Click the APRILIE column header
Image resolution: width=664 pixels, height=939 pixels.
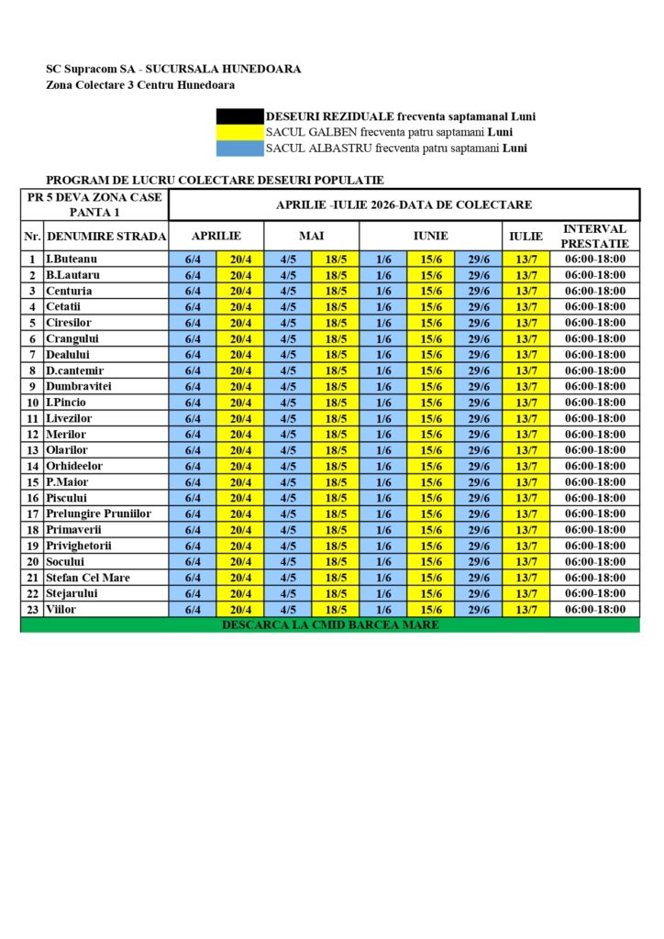[x=216, y=237]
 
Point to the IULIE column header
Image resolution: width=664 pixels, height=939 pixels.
[x=526, y=237]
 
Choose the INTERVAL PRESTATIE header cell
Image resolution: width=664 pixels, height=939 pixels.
[x=594, y=237]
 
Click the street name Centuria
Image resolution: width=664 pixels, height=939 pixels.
[x=69, y=291]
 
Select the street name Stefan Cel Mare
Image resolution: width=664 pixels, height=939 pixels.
[x=88, y=578]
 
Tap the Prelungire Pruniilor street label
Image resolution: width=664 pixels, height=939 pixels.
[x=98, y=514]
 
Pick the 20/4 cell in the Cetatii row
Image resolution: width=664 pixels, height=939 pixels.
[x=240, y=307]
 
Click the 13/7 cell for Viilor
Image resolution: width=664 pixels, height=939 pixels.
[x=526, y=610]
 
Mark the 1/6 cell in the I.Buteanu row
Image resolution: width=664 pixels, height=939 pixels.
[x=383, y=260]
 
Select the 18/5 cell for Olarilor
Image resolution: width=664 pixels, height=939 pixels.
[x=336, y=450]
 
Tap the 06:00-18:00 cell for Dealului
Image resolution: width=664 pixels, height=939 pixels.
[x=594, y=355]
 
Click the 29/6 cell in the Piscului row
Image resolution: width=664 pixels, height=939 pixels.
[x=479, y=498]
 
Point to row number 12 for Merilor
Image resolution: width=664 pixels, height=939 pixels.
[x=32, y=435]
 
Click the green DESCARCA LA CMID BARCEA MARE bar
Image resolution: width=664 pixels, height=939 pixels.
[x=330, y=625]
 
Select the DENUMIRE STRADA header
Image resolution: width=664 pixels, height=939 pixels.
[x=106, y=237]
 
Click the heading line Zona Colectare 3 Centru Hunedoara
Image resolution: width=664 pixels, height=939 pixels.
[x=140, y=85]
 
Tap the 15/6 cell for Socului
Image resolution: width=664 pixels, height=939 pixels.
[x=431, y=562]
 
